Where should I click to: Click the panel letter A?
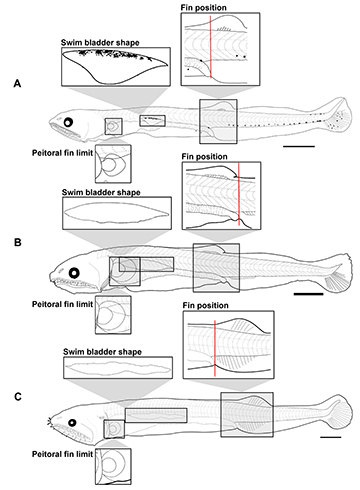17,83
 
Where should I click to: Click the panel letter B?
18,242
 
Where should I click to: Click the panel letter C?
18,397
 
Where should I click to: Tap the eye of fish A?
68,123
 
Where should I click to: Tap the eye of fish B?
74,273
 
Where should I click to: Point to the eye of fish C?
72,423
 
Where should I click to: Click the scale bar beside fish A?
299,146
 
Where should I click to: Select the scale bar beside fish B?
309,294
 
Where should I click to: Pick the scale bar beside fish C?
331,437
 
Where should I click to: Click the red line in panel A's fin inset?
211,47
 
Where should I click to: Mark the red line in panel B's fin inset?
239,194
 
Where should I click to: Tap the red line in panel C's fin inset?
215,348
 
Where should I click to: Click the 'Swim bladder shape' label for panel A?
100,43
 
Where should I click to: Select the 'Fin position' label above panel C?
205,305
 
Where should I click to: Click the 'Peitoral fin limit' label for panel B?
62,304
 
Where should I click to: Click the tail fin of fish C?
339,413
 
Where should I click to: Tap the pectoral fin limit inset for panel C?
113,466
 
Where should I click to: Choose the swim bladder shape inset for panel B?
117,213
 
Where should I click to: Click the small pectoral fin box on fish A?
113,126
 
